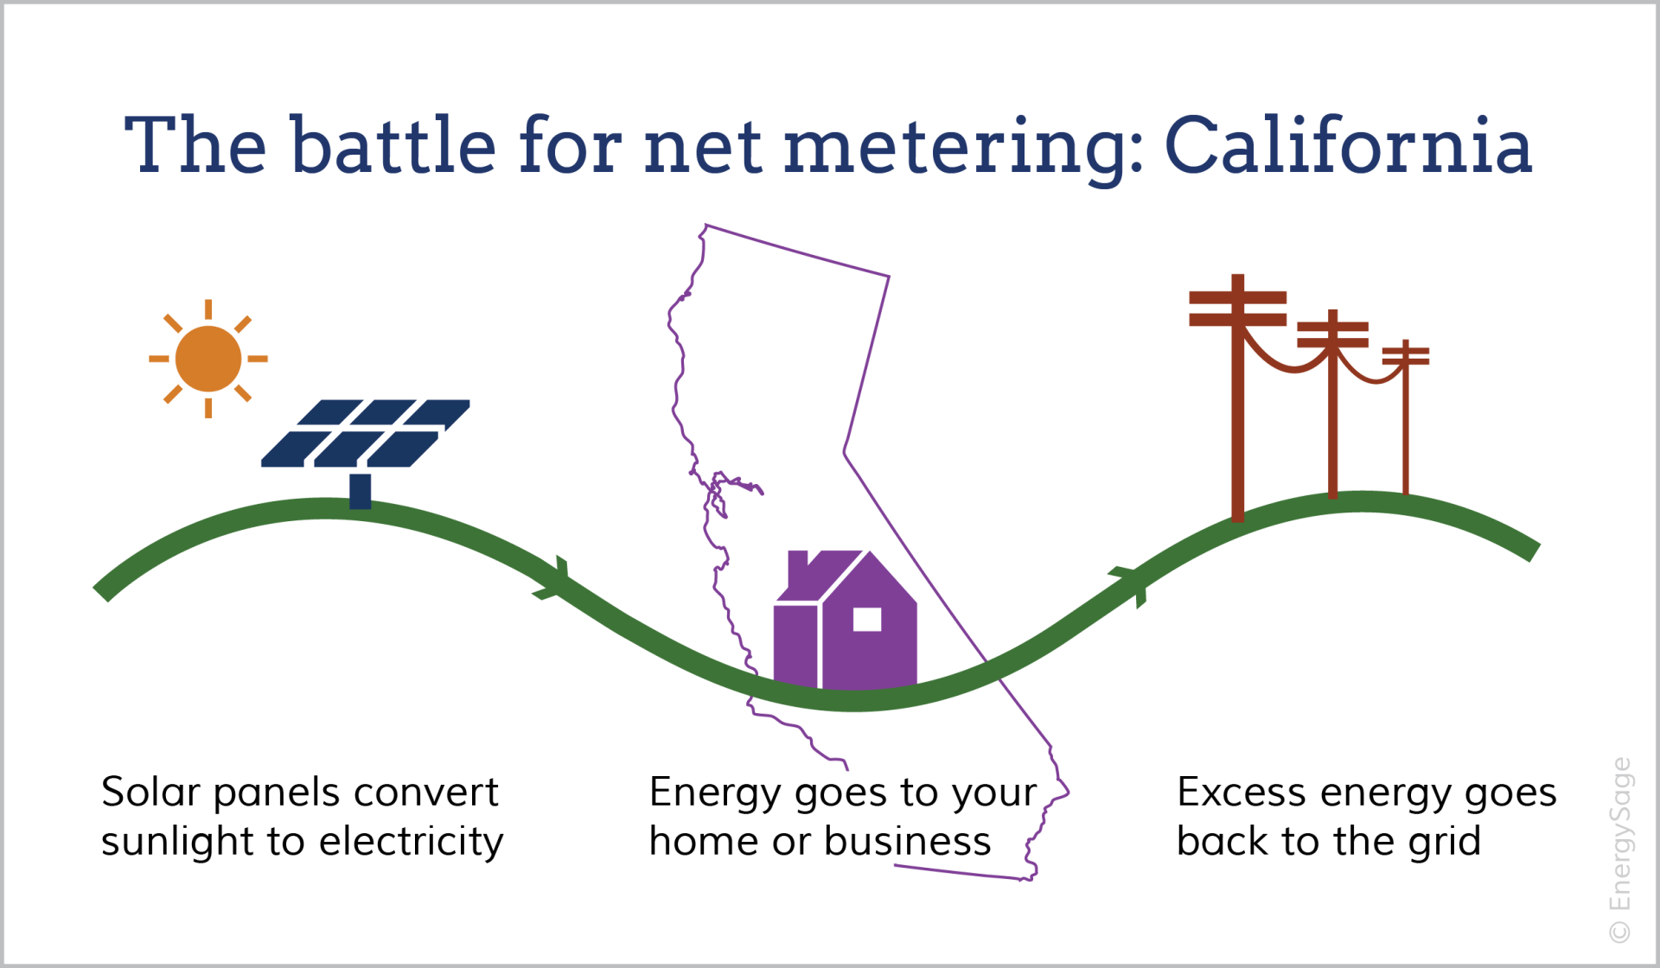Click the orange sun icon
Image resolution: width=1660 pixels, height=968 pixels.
point(208,359)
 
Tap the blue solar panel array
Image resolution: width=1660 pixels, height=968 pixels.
point(365,433)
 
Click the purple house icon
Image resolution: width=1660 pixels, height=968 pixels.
point(845,620)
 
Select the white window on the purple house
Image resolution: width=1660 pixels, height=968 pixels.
point(867,620)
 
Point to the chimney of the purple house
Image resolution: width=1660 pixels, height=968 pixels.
point(798,570)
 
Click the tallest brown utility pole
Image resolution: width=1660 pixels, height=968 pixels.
point(1238,398)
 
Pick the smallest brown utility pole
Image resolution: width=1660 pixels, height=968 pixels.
point(1406,417)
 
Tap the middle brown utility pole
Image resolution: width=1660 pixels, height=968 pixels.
point(1333,404)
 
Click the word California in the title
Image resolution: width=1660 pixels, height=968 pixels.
point(1349,145)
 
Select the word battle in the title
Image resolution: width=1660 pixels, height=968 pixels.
point(393,145)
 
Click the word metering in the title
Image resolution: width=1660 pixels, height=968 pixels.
point(955,149)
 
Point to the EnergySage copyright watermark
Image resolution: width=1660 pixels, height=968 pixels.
point(1619,850)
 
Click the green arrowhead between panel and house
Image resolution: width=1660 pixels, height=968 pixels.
point(553,579)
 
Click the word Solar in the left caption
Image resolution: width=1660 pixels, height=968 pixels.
point(150,792)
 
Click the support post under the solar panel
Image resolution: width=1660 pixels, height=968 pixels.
point(361,491)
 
